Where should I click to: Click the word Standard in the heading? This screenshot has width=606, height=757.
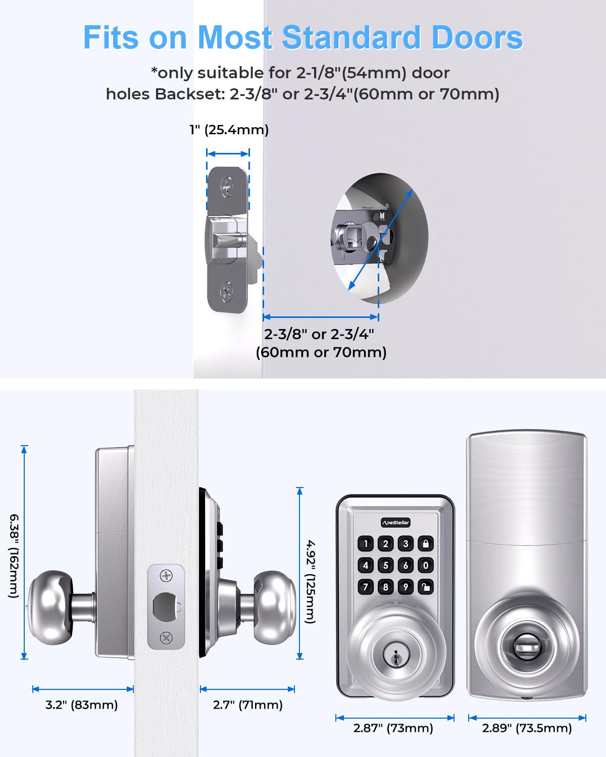351,37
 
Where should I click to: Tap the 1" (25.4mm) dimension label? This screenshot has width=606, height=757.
229,130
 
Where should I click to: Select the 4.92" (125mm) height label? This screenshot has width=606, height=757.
311,581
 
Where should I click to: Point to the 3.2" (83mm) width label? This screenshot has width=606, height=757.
81,705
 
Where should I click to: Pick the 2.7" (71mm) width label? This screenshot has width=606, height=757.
247,705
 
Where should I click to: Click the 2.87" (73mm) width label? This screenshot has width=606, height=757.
393,728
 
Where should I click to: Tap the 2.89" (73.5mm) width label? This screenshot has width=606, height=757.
527,728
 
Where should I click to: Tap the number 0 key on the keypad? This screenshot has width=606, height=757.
426,565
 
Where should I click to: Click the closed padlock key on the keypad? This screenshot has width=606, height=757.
426,544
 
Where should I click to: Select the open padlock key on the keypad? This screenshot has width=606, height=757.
426,587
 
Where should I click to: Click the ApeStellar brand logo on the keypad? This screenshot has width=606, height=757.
395,522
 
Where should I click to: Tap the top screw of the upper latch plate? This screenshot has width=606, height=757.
227,187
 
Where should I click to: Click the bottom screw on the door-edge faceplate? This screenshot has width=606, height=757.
166,637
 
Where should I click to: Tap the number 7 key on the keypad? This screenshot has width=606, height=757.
366,587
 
